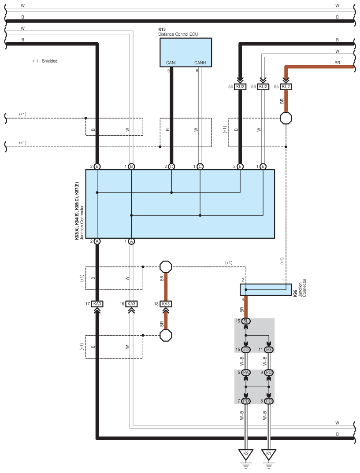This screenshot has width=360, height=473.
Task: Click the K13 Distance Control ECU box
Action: coord(186,52)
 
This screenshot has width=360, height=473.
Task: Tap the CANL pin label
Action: coord(171,63)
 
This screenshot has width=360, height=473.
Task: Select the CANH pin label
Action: coord(200,63)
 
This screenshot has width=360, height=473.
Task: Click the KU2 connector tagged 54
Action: coord(240,87)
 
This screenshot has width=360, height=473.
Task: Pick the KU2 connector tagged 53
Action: coord(263,87)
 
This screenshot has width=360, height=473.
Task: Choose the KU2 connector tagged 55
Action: coord(286,87)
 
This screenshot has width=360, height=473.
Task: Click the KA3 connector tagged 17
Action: coord(97,304)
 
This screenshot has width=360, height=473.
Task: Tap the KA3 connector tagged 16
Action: coord(131,304)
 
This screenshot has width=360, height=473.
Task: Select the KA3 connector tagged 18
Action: coord(166,304)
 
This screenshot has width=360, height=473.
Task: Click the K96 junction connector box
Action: coord(266,290)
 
